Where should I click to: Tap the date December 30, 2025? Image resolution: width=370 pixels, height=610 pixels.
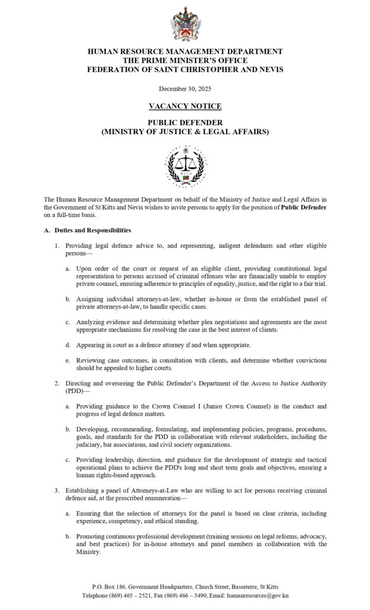pyautogui.click(x=185, y=89)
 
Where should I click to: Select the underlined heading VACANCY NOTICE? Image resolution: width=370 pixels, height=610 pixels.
pyautogui.click(x=185, y=106)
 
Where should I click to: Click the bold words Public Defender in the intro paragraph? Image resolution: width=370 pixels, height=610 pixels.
pyautogui.click(x=304, y=207)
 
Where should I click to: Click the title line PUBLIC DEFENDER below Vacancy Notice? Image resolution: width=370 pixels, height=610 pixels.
pyautogui.click(x=185, y=122)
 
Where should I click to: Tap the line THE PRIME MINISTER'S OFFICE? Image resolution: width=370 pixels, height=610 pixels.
pyautogui.click(x=185, y=60)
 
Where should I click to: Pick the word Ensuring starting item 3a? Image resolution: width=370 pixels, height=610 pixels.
pyautogui.click(x=91, y=513)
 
